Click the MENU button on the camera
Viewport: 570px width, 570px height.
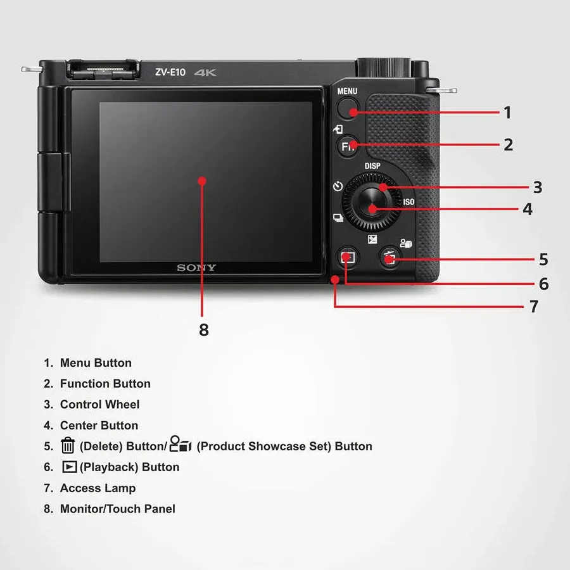coord(347,110)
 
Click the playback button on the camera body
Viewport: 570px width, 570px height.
coord(346,257)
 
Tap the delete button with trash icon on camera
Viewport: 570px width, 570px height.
coord(390,258)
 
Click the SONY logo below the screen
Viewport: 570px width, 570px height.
coord(196,268)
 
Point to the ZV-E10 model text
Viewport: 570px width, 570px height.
coord(170,72)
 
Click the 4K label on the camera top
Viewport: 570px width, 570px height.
coord(205,73)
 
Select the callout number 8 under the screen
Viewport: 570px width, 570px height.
coord(203,330)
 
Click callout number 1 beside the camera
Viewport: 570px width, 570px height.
coord(507,113)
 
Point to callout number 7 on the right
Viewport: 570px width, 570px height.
coord(533,307)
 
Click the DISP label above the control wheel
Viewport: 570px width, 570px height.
coord(372,167)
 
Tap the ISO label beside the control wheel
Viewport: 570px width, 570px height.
coord(408,202)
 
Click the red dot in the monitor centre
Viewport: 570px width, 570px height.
coord(202,180)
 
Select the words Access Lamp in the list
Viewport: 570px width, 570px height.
coord(98,488)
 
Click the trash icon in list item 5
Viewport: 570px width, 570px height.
coord(68,446)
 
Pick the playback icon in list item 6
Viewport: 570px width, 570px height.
coord(69,467)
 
